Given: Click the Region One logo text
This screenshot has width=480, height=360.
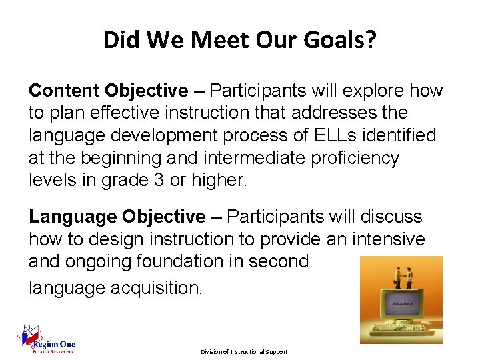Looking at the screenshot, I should [57, 345].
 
